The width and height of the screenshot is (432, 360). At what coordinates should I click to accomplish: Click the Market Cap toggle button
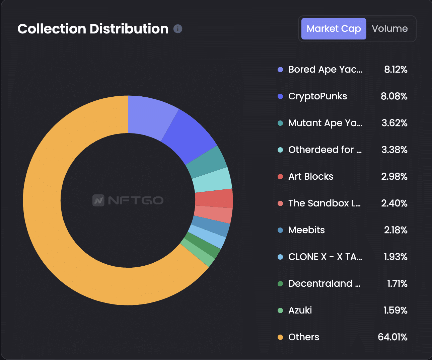click(334, 29)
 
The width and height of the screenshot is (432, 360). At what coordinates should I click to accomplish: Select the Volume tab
click(389, 29)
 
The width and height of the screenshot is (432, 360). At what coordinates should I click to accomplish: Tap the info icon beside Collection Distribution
click(178, 29)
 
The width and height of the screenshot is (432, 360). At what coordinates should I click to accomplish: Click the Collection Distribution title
click(93, 29)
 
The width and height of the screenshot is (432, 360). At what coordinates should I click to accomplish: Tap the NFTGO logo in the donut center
click(128, 200)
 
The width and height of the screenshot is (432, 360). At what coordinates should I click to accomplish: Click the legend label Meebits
click(306, 230)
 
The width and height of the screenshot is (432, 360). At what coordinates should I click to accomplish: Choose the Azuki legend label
click(300, 310)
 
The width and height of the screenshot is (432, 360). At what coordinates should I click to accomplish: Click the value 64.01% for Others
click(392, 337)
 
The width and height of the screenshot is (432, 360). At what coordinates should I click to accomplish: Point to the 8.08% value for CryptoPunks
click(394, 96)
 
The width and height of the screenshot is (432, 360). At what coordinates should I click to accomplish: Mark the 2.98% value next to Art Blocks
click(394, 177)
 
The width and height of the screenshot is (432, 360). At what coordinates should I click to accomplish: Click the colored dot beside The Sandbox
click(280, 203)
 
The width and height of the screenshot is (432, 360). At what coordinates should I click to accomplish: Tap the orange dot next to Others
click(280, 337)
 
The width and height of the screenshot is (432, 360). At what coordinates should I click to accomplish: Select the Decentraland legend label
click(324, 284)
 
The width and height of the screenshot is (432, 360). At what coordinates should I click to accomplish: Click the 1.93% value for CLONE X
click(395, 257)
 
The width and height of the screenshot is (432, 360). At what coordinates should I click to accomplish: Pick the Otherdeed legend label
click(325, 150)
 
